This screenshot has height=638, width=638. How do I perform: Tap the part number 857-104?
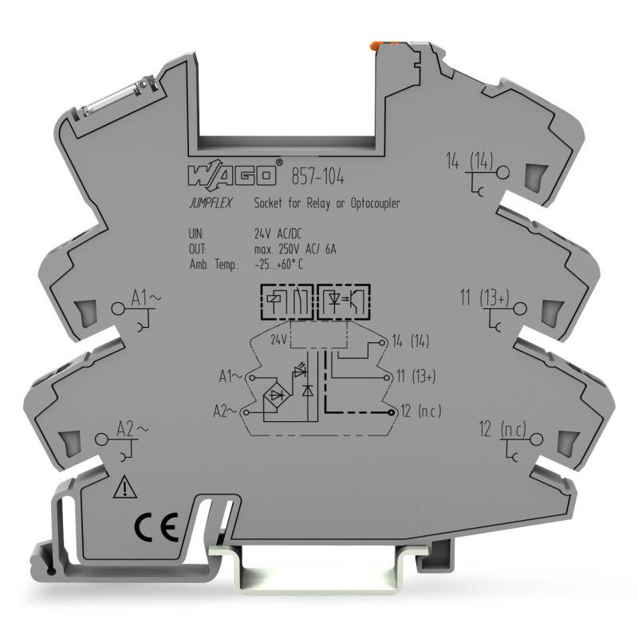tap(317, 176)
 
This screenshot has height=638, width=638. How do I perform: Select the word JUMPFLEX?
tap(211, 203)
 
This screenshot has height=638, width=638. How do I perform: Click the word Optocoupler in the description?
tap(375, 203)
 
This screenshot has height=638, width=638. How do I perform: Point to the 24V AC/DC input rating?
tap(278, 234)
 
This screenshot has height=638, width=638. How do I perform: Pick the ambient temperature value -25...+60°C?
tap(278, 265)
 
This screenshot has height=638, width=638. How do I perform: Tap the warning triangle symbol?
tap(125, 487)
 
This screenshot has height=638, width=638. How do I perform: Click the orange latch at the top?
tap(376, 46)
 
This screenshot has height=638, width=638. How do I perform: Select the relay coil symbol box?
tap(286, 301)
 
